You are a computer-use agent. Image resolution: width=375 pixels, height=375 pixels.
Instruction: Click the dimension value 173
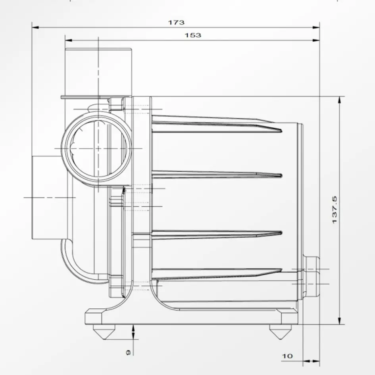tap(176, 23)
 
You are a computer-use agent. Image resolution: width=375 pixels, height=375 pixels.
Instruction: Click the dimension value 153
tap(193, 35)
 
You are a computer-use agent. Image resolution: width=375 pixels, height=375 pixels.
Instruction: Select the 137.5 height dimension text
tap(335, 210)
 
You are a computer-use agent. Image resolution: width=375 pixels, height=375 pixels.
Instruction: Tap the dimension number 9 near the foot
tap(129, 352)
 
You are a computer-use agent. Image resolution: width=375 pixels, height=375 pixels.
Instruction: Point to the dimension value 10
tap(287, 356)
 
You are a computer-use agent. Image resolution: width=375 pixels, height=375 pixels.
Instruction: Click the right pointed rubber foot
tap(280, 332)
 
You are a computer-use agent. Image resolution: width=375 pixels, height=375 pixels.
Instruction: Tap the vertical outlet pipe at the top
tap(98, 72)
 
